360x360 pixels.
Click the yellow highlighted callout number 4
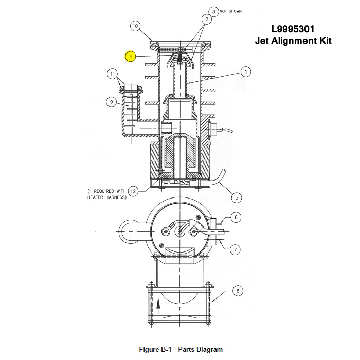pyautogui.click(x=131, y=57)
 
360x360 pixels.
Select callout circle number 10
pyautogui.click(x=135, y=26)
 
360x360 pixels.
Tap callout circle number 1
pyautogui.click(x=246, y=72)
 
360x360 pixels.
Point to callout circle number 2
pyautogui.click(x=207, y=20)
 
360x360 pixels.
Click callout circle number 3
pyautogui.click(x=214, y=11)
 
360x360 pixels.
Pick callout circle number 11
pyautogui.click(x=112, y=74)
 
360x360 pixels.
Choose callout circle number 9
pyautogui.click(x=112, y=102)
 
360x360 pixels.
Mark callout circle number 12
pyautogui.click(x=133, y=191)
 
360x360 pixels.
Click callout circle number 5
pyautogui.click(x=237, y=197)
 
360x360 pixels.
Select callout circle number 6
pyautogui.click(x=236, y=217)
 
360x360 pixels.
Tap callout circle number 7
pyautogui.click(x=235, y=249)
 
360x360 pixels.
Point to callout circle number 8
pyautogui.click(x=238, y=291)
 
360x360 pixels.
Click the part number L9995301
pyautogui.click(x=293, y=29)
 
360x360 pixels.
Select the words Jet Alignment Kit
pyautogui.click(x=293, y=41)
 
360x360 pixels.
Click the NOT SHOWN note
pyautogui.click(x=230, y=11)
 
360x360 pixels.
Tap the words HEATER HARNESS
pyautogui.click(x=107, y=197)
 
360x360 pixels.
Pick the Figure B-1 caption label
pyautogui.click(x=155, y=349)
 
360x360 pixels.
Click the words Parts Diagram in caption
pyautogui.click(x=201, y=349)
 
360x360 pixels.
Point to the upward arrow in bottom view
pyautogui.click(x=158, y=304)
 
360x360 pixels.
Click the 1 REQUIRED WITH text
pyautogui.click(x=106, y=191)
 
